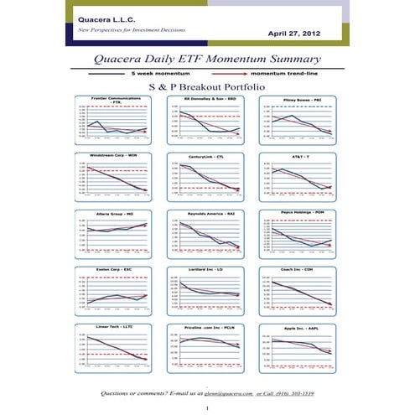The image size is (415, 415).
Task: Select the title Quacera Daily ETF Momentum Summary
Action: coord(207,60)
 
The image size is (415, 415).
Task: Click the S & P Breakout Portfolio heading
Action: coord(207,86)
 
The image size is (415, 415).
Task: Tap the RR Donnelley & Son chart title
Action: coord(206,98)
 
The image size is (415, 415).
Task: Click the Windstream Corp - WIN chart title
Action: coord(117,155)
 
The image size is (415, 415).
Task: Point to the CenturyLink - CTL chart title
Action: coord(206,155)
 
